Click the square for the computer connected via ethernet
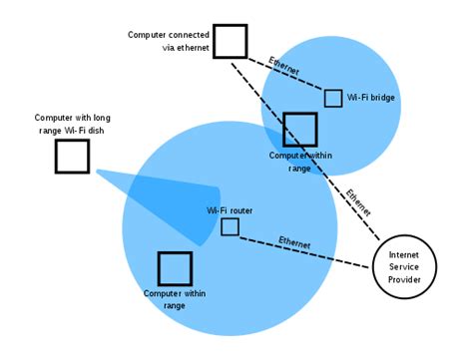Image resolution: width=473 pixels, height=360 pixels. point(230,41)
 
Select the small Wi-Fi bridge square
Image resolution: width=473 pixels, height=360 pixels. point(332,98)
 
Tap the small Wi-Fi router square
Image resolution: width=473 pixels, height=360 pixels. point(230,226)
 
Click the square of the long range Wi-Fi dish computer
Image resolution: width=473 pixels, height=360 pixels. point(72,156)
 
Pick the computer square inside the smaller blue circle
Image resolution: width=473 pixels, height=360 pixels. point(299,130)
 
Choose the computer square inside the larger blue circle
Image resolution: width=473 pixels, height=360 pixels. point(175,268)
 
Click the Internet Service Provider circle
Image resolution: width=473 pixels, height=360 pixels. point(405,267)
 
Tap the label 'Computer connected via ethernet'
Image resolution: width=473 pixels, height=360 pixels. point(168,40)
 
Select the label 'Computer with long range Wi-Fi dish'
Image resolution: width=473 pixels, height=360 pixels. point(73,122)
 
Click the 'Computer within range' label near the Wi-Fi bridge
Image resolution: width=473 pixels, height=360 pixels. point(299,162)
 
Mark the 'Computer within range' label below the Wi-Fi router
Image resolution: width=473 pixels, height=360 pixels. point(175,299)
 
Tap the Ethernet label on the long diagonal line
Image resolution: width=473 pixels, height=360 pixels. point(357,201)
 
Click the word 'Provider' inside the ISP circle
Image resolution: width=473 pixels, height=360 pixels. point(405,280)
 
